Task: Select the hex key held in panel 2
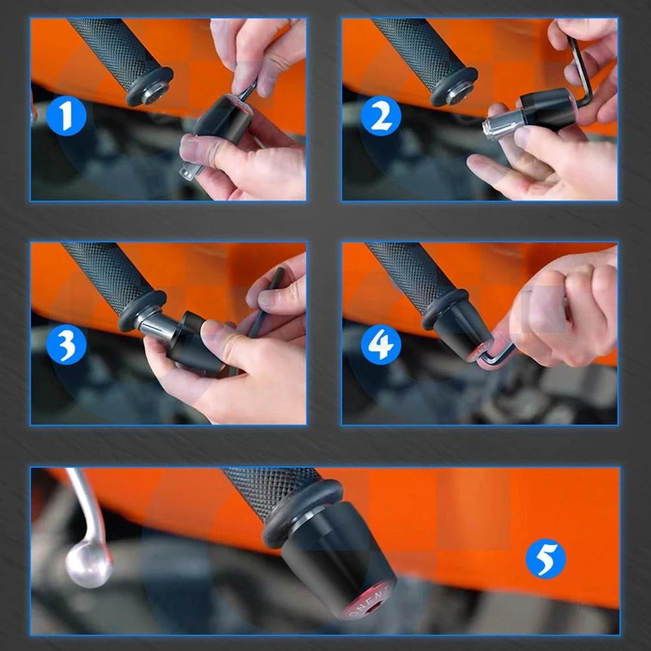pyautogui.click(x=581, y=68)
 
